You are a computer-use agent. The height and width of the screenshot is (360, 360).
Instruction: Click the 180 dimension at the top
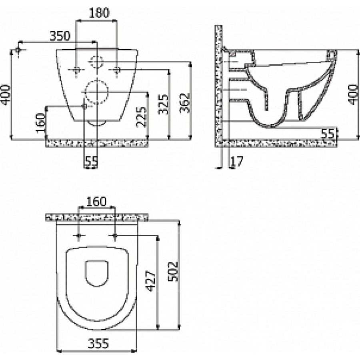99,13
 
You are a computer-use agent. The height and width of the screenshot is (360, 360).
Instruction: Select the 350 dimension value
60,36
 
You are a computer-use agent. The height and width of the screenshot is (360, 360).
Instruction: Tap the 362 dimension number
185,103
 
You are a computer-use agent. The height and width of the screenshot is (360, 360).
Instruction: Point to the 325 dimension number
164,104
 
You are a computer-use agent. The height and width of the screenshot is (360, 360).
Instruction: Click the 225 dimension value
141,117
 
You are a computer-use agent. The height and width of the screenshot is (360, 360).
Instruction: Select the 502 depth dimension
173,271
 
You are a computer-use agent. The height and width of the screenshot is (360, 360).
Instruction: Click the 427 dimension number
151,281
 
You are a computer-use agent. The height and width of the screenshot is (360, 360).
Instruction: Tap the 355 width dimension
98,344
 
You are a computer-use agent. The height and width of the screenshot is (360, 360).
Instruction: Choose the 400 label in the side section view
353,94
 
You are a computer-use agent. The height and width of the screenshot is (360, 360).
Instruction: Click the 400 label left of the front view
6,95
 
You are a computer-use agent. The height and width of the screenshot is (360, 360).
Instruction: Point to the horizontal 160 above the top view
96,202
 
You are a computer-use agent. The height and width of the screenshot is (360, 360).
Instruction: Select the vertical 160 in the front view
41,123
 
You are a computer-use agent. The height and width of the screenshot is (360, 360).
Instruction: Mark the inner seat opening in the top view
97,260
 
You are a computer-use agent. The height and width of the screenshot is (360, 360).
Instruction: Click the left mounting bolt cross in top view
79,236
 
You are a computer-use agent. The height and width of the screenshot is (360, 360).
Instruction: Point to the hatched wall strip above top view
97,217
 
